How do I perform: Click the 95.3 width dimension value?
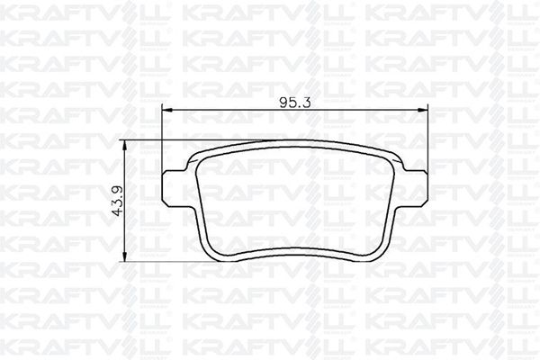[295, 102]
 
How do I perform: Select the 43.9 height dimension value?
[118, 202]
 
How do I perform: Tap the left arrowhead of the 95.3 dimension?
[167, 110]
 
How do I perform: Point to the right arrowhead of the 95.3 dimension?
[423, 110]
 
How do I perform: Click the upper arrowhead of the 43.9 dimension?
[125, 145]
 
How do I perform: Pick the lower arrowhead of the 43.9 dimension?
[125, 256]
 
